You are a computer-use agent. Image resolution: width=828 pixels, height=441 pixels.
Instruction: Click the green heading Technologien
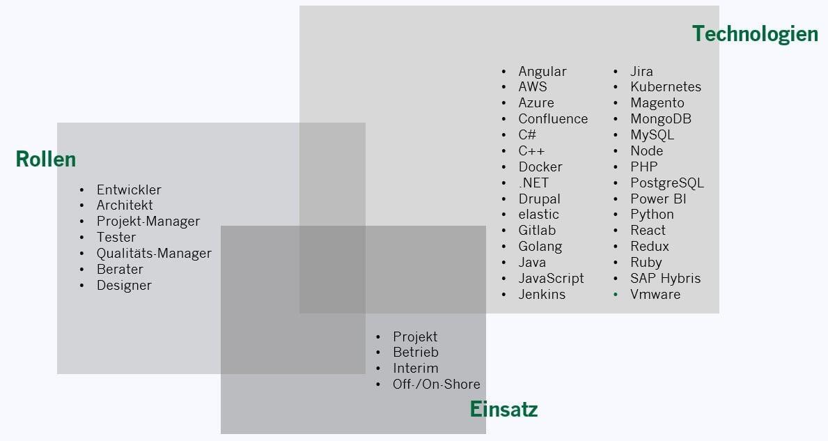(755, 33)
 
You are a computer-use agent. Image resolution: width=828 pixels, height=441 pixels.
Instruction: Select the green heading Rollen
(46, 160)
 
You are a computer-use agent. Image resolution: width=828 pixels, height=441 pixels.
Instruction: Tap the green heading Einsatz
(503, 409)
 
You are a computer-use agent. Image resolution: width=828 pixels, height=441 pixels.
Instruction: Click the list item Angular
(542, 71)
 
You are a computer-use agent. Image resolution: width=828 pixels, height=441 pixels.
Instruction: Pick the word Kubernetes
(666, 87)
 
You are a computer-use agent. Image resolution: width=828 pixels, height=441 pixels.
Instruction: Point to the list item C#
(527, 135)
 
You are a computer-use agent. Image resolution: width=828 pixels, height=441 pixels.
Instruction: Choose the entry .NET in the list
(533, 183)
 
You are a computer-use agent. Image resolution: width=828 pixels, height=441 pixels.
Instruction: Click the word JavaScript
(551, 279)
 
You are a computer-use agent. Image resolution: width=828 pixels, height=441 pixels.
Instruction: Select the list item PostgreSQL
(667, 183)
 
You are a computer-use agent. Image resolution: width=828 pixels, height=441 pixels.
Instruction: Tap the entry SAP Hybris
(665, 279)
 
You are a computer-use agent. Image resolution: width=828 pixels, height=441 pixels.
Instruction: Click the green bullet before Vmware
(616, 295)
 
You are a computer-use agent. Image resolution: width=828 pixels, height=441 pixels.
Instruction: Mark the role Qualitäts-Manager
(154, 254)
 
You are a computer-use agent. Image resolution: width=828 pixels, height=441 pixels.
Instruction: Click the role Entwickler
(129, 189)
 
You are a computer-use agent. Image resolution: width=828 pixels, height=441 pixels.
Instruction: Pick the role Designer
(124, 286)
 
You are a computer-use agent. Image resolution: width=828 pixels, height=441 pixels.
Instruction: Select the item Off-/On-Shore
(436, 385)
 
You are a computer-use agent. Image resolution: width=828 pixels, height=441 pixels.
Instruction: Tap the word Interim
(416, 369)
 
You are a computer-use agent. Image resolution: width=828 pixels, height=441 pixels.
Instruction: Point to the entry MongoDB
(661, 119)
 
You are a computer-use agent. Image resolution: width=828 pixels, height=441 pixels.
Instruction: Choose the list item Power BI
(659, 199)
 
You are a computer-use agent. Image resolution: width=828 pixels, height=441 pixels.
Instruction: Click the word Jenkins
(542, 295)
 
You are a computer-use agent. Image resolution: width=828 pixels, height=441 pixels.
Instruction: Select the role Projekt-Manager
(148, 222)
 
